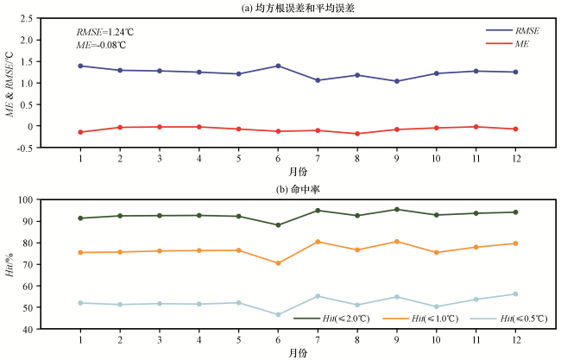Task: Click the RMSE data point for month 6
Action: (278, 66)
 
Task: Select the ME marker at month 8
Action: (357, 134)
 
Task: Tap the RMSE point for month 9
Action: (397, 81)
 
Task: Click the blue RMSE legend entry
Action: (515, 30)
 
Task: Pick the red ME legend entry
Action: (515, 43)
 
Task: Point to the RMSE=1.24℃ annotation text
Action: (105, 32)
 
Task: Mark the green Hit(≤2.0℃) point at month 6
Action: (278, 225)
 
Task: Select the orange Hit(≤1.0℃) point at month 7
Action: (318, 242)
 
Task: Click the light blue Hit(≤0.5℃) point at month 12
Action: (515, 294)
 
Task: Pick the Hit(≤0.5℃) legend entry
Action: (509, 319)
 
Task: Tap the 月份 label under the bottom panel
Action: (299, 352)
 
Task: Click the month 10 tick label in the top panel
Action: (437, 159)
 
